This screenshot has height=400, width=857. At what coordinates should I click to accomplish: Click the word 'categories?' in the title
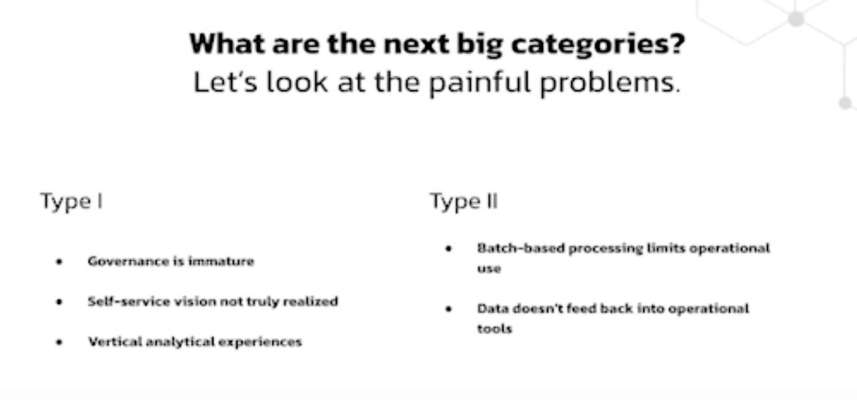coord(598,45)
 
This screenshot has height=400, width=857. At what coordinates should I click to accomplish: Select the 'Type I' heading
coord(72,201)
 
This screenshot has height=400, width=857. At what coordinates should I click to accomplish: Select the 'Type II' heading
coord(464,201)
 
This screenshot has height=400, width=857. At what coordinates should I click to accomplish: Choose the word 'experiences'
coord(260,342)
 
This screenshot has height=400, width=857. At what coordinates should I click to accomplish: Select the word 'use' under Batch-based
coord(489,269)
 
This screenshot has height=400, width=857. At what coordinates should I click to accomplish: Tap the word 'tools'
coord(494,328)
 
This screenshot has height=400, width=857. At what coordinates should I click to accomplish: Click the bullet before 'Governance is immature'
coord(59,262)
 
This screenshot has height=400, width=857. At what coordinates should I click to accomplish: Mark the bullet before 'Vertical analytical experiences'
coord(59,342)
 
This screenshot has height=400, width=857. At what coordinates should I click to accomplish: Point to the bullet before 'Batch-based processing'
coord(449,249)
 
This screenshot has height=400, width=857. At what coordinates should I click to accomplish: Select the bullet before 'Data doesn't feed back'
coord(449,308)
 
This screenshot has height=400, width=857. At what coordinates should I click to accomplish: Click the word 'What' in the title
coord(227,43)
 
